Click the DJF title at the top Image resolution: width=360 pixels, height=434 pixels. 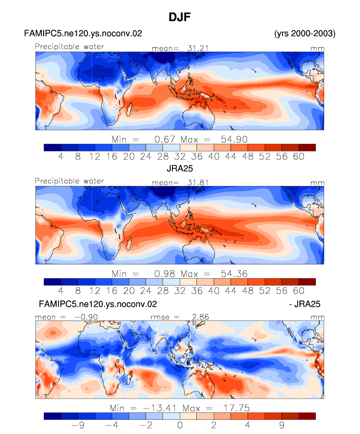tap(180, 17)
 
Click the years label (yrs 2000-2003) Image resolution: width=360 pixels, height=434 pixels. tap(305, 33)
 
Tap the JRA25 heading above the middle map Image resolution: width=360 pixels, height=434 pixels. tap(180, 169)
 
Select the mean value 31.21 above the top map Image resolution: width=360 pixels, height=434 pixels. tap(198, 48)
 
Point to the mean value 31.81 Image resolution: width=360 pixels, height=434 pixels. tap(198, 182)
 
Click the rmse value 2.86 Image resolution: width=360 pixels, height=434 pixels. tap(200, 317)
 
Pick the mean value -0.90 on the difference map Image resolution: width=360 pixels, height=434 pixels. tap(86, 317)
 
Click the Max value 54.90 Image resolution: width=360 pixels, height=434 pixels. tap(234, 139)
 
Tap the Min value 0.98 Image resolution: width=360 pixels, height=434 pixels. tap(165, 274)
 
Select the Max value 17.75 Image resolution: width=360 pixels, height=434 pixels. tap(237, 408)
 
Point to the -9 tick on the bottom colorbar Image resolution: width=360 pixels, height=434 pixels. tap(78, 425)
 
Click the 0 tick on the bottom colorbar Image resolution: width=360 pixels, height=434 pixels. tap(180, 425)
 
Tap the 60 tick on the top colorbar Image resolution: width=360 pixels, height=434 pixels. tap(299, 156)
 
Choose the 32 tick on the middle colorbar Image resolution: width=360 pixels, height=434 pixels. tap(180, 290)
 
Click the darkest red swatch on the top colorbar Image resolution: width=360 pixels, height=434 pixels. tap(307, 147)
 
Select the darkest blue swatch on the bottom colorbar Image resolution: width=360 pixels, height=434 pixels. tap(53, 416)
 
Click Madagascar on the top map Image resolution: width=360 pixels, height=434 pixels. tap(129, 109)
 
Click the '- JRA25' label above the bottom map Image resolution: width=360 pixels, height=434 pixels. tap(305, 304)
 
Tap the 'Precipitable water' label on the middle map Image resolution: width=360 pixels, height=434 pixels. tap(69, 181)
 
